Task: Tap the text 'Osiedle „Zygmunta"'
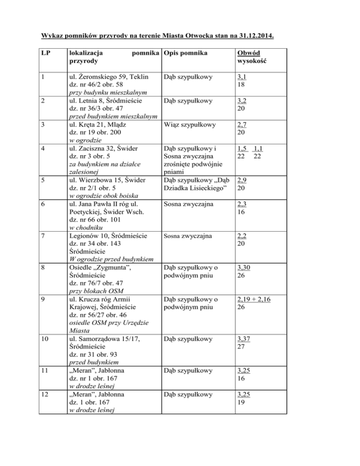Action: (x=99, y=268)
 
